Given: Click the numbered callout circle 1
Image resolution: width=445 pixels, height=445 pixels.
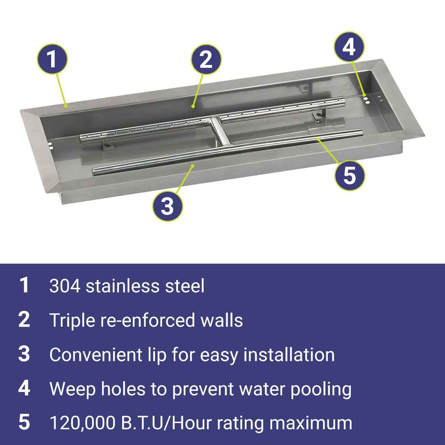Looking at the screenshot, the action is tap(52, 59).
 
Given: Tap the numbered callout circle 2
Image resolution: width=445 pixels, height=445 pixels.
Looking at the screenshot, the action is tap(206, 59).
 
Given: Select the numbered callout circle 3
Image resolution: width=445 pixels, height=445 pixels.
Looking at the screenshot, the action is tap(167, 206).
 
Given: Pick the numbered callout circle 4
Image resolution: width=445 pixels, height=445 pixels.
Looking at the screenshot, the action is tap(349, 47).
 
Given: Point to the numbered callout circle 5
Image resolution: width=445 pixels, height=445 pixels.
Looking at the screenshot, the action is tap(350, 175).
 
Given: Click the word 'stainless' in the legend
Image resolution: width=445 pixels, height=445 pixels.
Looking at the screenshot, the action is tap(122, 286).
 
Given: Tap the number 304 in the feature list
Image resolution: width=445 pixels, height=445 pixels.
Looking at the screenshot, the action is tap(65, 286).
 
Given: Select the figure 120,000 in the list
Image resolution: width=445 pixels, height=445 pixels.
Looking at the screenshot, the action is tap(82, 423).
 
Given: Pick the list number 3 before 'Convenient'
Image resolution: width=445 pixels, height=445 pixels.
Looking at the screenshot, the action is tap(24, 355).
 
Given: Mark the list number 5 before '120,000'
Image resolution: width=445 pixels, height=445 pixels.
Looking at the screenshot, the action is tap(24, 423).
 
